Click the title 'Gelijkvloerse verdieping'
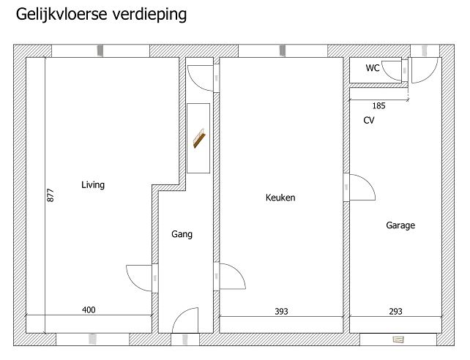101,15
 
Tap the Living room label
93,185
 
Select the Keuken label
280,198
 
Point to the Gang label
182,234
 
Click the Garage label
400,225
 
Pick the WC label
373,68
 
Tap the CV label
369,120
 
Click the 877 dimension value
51,195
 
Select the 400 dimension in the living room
89,310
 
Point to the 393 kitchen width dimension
281,312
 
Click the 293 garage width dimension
395,312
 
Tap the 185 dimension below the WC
379,105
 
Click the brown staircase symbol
199,138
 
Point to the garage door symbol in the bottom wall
398,340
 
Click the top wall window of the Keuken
283,50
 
